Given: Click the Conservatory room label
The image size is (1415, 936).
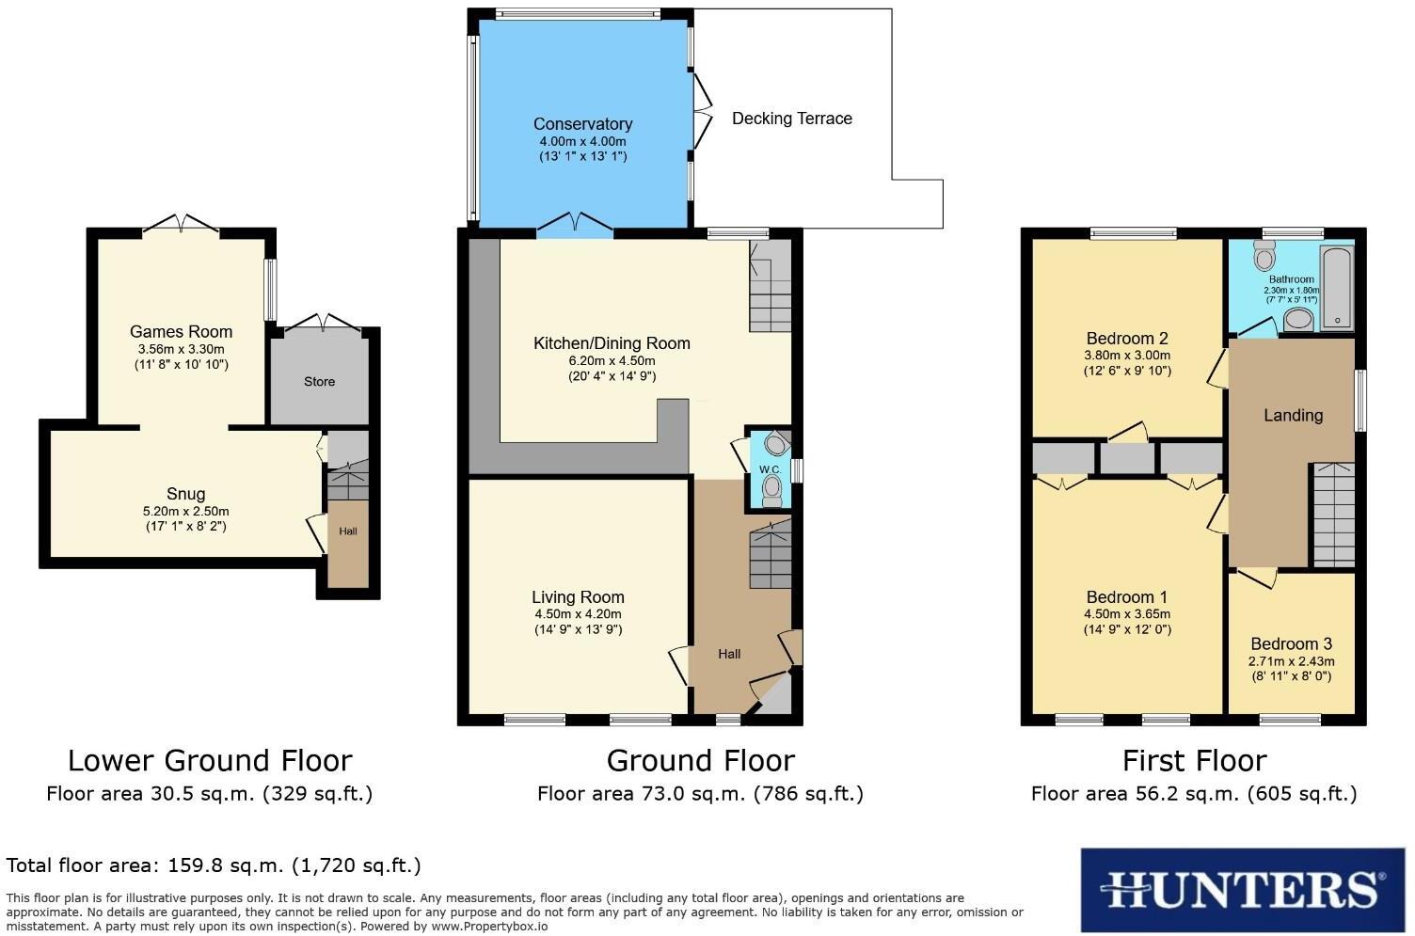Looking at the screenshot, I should pos(582,124).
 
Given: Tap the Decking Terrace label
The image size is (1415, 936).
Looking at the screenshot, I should pos(792,119).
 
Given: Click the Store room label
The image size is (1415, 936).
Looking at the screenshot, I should pos(319,382).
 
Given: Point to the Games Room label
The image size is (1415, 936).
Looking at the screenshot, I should pos(181,331).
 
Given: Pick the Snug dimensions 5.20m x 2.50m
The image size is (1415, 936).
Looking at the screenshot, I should pos(184,512).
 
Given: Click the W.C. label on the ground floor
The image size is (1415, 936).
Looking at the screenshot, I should pos(769,469).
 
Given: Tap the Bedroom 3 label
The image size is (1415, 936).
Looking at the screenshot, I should pos(1291,644).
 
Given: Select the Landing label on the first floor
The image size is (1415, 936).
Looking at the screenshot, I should pos(1293,415).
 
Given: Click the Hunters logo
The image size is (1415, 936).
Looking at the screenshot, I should pos(1242,889).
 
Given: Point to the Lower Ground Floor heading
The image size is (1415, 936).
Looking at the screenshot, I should pos(210,760).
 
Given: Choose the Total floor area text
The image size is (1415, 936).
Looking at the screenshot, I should pos(214,865).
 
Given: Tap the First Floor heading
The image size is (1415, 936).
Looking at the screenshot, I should pos(1194,760).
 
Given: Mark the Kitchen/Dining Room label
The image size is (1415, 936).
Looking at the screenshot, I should pos(612,343).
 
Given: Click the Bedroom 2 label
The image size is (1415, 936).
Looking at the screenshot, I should pos(1126,339).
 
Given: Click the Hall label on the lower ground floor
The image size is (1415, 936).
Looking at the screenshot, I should pos(348,531).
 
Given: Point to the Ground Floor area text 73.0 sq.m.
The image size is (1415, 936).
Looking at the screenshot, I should pos(700,794).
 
